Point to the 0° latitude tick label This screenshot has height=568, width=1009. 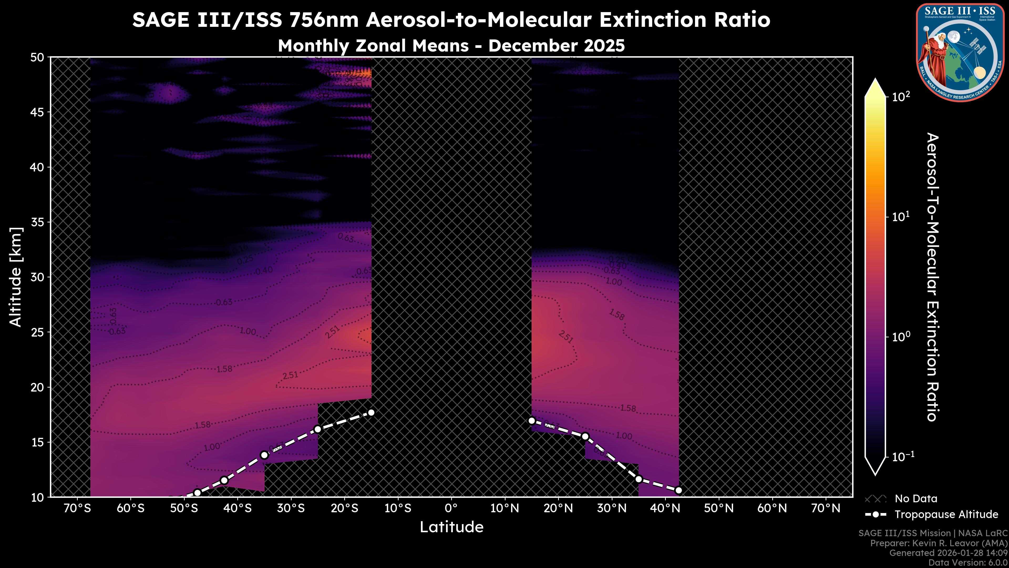(451, 508)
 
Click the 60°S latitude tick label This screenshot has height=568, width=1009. (130, 508)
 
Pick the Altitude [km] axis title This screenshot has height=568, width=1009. (16, 277)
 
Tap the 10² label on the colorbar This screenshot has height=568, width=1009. (901, 97)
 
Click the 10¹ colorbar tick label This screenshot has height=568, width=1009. (901, 217)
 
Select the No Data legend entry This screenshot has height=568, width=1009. (916, 499)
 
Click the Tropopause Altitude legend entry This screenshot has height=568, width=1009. (946, 514)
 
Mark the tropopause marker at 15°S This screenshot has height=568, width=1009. (371, 412)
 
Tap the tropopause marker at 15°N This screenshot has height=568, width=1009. (532, 421)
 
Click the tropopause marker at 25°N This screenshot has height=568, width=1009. (585, 436)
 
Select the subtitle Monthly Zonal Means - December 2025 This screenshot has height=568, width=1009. (451, 45)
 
